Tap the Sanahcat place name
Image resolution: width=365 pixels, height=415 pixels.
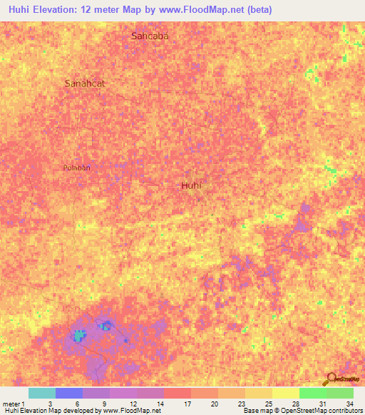[85, 83]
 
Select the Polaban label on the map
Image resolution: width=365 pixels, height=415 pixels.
[76, 168]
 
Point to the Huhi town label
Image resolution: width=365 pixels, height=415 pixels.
[192, 185]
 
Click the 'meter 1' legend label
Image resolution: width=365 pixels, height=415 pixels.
[12, 404]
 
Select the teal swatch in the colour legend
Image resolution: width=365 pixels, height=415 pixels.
[42, 393]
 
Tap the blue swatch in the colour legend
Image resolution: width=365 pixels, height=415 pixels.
[69, 393]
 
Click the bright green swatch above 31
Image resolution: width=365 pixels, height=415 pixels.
[312, 393]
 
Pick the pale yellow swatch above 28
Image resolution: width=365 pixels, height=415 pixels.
[285, 393]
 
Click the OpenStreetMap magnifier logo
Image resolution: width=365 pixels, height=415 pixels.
[331, 379]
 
